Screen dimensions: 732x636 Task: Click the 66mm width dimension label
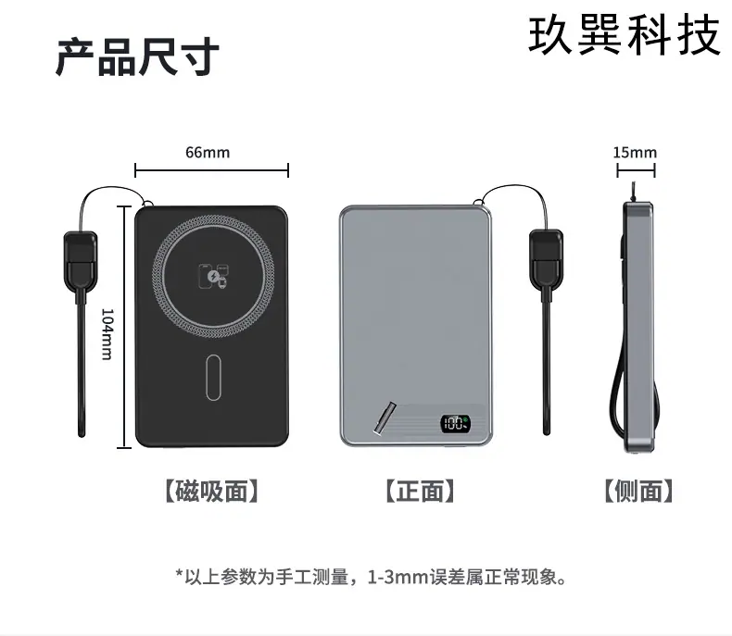click(208, 153)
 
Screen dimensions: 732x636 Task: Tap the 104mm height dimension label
click(107, 334)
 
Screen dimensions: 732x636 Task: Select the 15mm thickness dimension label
click(635, 153)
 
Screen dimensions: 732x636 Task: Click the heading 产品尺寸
click(138, 56)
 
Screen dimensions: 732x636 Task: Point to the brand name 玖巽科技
click(625, 34)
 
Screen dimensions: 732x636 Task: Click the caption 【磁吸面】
click(211, 491)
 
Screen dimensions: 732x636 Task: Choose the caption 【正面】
click(420, 491)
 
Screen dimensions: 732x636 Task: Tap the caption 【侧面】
click(638, 491)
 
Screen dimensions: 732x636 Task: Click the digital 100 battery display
click(455, 423)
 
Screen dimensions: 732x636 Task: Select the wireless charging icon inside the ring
click(213, 276)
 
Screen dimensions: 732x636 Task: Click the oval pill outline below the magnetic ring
click(213, 377)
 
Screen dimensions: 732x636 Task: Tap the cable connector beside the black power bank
click(81, 261)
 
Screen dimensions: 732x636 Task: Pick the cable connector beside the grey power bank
click(546, 259)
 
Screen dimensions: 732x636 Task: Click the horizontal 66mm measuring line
click(211, 170)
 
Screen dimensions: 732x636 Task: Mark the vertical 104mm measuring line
click(124, 327)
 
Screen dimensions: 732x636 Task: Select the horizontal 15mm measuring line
click(636, 170)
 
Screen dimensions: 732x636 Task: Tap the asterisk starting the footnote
click(179, 574)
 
